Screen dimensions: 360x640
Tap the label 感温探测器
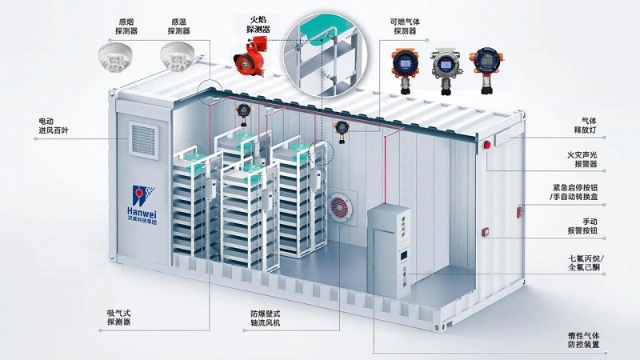pos(178,26)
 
